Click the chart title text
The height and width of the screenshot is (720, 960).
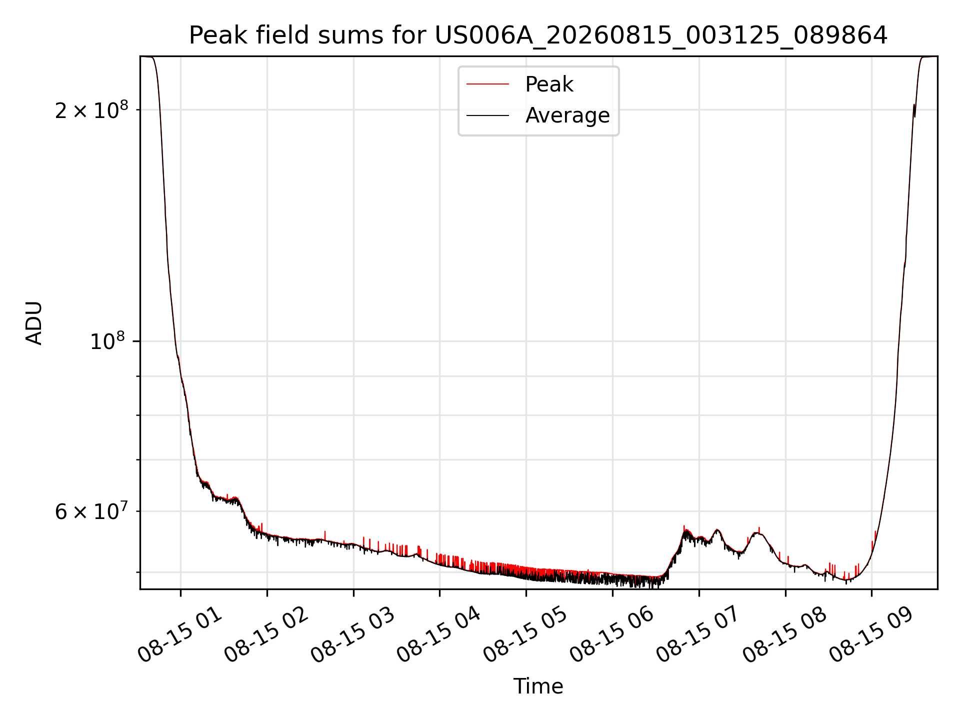[538, 35]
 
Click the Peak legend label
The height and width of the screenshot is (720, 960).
[549, 84]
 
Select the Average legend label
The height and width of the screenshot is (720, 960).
[567, 115]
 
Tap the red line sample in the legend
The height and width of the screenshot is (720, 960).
[488, 84]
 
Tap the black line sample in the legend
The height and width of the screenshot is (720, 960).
[488, 115]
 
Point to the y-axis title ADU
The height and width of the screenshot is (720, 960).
[34, 323]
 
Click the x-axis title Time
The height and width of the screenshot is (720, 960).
[538, 686]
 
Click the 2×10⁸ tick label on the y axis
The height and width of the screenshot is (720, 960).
[91, 109]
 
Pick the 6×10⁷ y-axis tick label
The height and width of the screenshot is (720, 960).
[91, 511]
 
